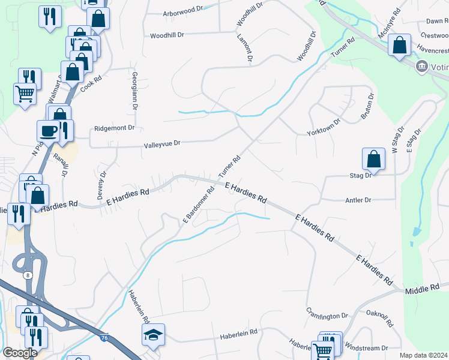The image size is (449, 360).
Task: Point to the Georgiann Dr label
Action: click(x=135, y=91)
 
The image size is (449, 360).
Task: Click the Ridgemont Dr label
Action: click(x=114, y=128)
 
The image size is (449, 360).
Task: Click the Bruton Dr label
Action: click(x=367, y=107)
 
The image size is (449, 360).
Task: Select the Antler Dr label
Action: click(x=359, y=200)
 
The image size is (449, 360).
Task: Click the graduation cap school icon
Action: click(x=153, y=335)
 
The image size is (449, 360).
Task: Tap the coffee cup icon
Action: click(x=49, y=131)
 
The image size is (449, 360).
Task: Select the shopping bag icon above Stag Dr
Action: click(x=373, y=159)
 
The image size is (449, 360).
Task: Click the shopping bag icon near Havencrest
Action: click(x=399, y=45)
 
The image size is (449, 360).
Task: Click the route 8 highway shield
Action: click(x=27, y=275)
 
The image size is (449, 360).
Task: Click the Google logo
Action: click(x=20, y=353)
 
